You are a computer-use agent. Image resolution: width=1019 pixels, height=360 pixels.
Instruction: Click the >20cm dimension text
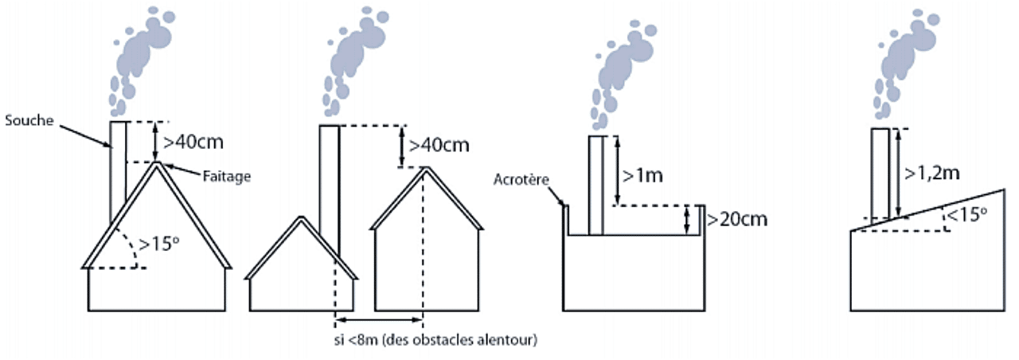[736, 218]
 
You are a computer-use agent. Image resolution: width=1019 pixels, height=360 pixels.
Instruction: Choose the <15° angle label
[970, 213]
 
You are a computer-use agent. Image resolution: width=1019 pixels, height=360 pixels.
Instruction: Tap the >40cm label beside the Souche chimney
[193, 143]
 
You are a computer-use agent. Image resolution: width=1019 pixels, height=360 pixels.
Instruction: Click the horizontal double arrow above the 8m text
[378, 320]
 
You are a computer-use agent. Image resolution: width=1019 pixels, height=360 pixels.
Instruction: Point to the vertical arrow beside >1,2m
[899, 171]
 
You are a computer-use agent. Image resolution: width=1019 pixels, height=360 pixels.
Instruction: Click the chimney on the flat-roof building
[596, 186]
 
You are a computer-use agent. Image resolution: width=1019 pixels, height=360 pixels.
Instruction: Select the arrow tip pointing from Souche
[111, 147]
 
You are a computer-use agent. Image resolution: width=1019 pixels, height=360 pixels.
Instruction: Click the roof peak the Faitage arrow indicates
[158, 164]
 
